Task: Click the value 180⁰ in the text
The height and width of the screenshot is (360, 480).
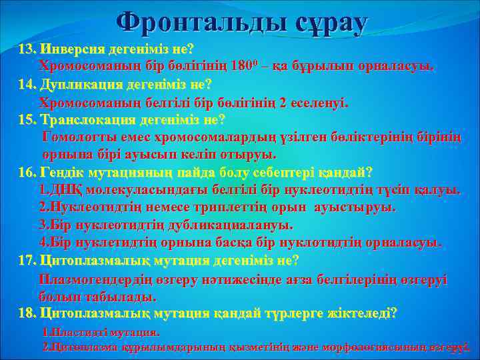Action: click(252, 66)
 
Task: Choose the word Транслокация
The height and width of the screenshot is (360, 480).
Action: click(87, 120)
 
